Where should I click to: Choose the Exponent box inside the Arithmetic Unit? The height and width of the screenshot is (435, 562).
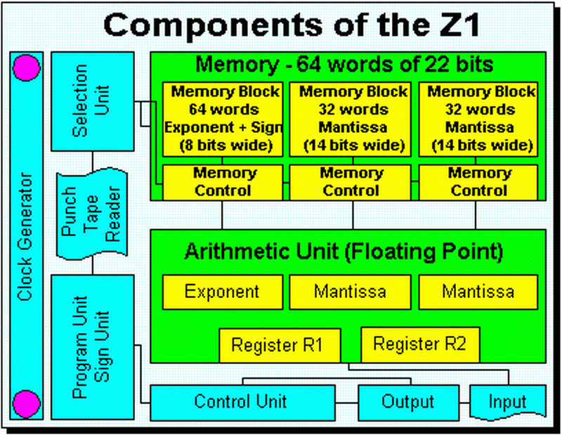coord(222,291)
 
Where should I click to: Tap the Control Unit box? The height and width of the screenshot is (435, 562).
coord(240,402)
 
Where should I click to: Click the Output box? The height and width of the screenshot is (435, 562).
coord(408,402)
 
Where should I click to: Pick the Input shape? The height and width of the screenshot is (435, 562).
coord(507,402)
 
